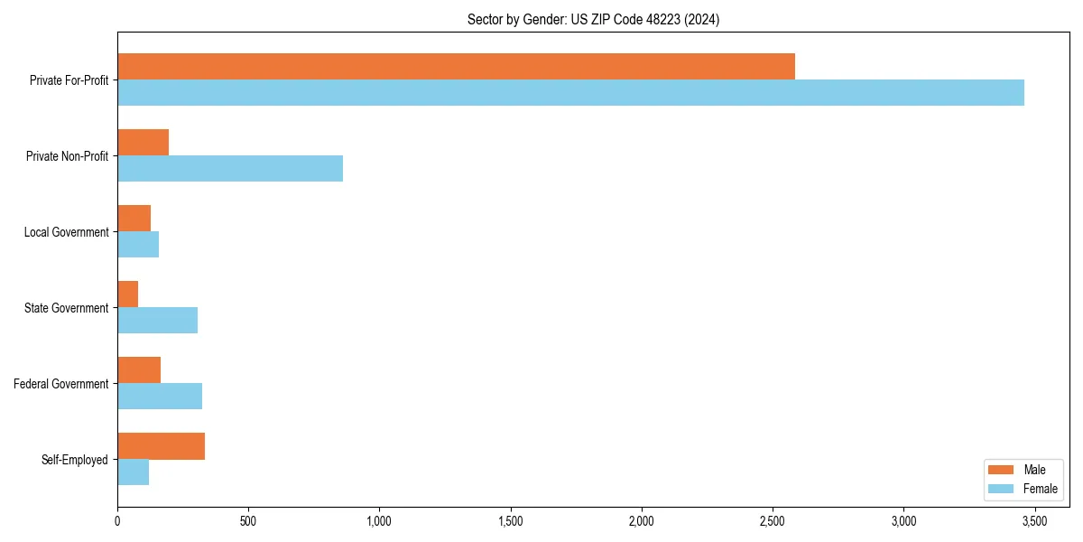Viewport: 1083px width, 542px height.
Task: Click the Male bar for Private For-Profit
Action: click(x=456, y=67)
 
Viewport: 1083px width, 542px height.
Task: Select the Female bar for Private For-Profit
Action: click(x=570, y=93)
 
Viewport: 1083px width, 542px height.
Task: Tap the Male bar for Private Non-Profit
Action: click(x=143, y=143)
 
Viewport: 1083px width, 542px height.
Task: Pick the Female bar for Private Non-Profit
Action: click(x=230, y=169)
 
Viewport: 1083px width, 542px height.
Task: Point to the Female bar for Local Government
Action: click(x=138, y=245)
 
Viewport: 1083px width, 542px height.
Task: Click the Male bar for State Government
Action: click(x=128, y=294)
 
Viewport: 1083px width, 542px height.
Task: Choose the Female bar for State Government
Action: click(x=158, y=321)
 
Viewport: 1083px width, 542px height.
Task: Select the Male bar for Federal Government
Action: click(x=139, y=370)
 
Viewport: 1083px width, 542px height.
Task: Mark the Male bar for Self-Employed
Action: click(x=162, y=446)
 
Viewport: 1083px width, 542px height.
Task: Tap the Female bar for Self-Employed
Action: click(x=134, y=472)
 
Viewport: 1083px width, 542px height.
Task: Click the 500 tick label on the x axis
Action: click(x=248, y=521)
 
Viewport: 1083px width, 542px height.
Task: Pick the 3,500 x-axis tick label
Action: click(x=1034, y=521)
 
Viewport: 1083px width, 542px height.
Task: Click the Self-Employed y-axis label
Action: click(x=75, y=460)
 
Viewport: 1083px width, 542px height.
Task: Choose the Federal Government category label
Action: click(x=61, y=384)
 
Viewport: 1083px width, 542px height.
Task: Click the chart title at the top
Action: click(x=593, y=19)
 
